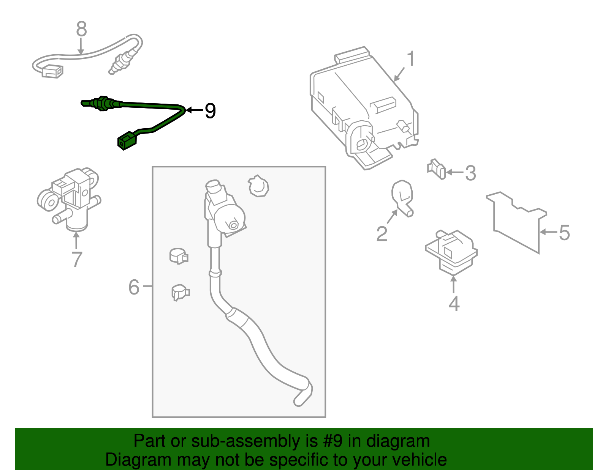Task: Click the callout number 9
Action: click(210, 111)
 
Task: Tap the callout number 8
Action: click(81, 29)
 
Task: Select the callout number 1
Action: click(410, 60)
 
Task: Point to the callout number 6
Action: click(134, 287)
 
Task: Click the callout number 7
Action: click(77, 259)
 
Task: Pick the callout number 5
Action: click(564, 233)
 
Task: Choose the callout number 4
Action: click(454, 304)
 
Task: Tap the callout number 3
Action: click(470, 173)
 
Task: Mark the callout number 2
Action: click(382, 234)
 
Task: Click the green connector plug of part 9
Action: click(127, 141)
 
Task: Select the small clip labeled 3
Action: click(437, 169)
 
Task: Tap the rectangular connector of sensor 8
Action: click(52, 71)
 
